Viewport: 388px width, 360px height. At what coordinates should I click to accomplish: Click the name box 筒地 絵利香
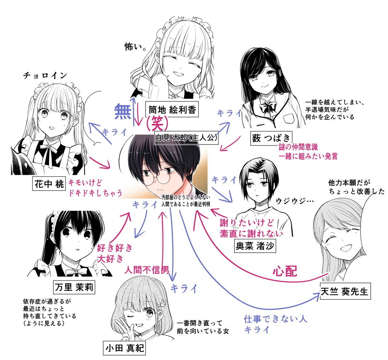172,110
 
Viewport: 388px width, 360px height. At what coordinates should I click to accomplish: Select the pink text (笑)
156,122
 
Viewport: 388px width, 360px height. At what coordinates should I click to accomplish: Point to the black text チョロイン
45,76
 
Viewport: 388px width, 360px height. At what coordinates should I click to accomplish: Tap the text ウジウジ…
295,201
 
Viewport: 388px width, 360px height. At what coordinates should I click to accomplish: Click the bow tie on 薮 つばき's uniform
267,107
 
